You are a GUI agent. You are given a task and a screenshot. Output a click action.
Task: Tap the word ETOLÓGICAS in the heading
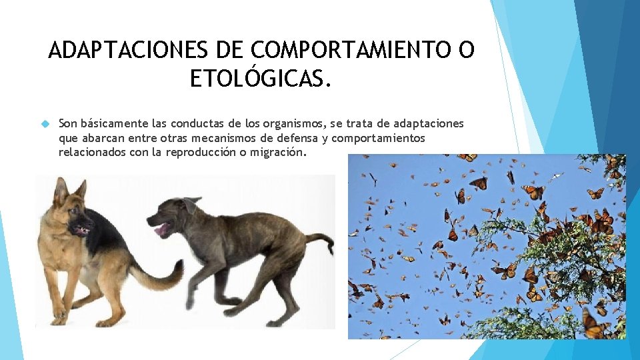[260, 79]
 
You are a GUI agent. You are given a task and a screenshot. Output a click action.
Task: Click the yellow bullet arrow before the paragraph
[45, 124]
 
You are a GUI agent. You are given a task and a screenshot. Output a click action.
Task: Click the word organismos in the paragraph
[284, 123]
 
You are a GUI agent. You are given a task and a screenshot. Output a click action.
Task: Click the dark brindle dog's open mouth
[161, 230]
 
